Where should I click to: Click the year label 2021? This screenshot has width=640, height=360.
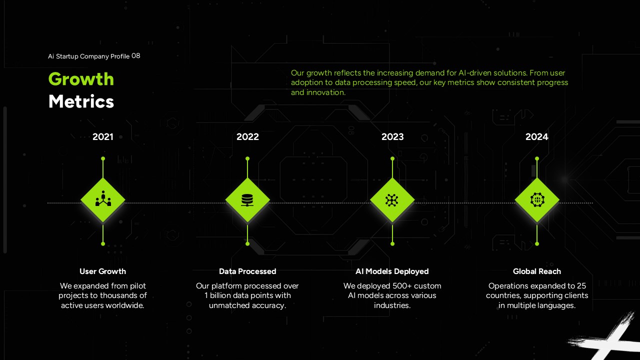click(102, 136)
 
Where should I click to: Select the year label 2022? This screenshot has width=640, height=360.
click(247, 136)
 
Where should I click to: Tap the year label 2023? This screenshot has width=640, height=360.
click(392, 136)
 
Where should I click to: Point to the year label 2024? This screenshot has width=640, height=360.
click(536, 136)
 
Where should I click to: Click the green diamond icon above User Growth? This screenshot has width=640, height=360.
click(103, 200)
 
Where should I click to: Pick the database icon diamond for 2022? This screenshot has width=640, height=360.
click(247, 200)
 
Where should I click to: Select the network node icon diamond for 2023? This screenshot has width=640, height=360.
click(392, 200)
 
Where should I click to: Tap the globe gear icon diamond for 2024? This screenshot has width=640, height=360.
click(537, 200)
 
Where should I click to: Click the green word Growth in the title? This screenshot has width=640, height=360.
click(81, 79)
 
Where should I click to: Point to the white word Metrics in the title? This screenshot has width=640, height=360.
click(81, 101)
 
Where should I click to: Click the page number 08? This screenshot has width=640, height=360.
click(136, 56)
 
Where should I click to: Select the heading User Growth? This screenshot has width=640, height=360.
click(102, 271)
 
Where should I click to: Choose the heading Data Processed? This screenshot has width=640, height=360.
click(247, 271)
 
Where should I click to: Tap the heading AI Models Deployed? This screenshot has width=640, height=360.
click(392, 271)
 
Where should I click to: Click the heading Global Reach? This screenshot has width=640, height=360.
click(537, 271)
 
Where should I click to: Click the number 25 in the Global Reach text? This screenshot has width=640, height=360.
click(581, 286)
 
